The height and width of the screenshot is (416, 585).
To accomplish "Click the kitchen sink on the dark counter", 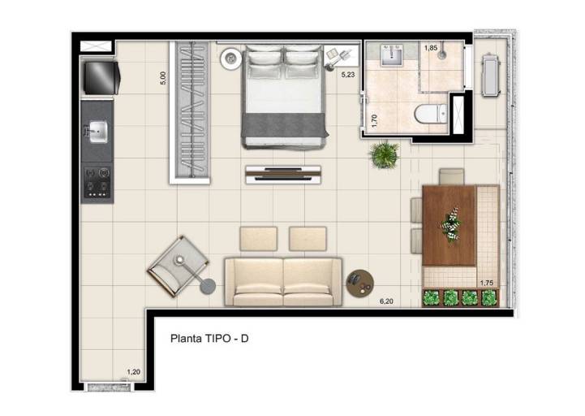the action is click(97, 132).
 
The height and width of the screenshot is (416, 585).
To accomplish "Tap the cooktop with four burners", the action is click(97, 182).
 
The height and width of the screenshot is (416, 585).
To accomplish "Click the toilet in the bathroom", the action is click(431, 114).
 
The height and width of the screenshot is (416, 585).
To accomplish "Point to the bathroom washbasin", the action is click(391, 56).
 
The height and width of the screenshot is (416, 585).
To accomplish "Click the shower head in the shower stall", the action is click(442, 54).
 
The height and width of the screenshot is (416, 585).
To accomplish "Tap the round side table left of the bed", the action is click(231, 58).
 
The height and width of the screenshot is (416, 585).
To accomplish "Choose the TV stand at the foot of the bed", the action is click(283, 175).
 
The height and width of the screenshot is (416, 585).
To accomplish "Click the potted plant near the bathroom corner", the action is click(384, 154).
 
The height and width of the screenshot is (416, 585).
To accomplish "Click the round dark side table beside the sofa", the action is click(359, 284).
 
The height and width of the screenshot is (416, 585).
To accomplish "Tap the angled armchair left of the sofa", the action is click(178, 266).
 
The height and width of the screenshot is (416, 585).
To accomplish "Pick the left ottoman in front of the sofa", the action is click(259, 238).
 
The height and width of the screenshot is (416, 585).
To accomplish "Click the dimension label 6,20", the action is click(386, 301).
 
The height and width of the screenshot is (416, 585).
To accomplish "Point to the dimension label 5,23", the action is click(348, 75).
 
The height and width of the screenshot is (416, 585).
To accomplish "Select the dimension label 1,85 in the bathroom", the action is click(431, 48).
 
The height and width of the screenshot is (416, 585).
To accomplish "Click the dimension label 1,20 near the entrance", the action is click(134, 372).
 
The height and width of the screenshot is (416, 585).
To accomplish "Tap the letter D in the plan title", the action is click(244, 339).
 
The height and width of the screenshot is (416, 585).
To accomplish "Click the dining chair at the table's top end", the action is click(451, 177).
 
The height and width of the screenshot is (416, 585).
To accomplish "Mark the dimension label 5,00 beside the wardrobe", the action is click(163, 78).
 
